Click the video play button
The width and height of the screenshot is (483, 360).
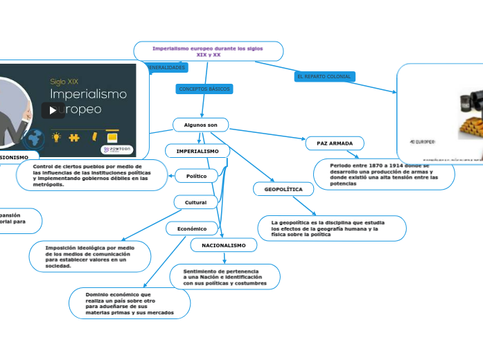pyautogui.click(x=53, y=110)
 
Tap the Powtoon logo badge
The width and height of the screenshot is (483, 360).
pyautogui.click(x=116, y=150)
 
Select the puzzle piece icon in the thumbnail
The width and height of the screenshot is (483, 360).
pyautogui.click(x=75, y=137)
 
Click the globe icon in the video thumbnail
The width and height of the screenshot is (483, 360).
pyautogui.click(x=37, y=138)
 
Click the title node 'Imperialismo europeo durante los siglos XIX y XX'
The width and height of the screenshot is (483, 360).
pyautogui.click(x=207, y=51)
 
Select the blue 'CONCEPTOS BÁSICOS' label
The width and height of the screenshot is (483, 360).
pyautogui.click(x=204, y=89)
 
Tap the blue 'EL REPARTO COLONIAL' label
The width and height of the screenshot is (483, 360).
pyautogui.click(x=324, y=76)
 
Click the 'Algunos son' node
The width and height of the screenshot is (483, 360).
pyautogui.click(x=200, y=125)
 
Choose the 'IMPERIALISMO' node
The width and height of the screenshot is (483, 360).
pyautogui.click(x=197, y=151)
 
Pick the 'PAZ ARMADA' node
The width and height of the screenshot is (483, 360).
pyautogui.click(x=335, y=143)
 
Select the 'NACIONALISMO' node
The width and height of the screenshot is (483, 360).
pyautogui.click(x=223, y=245)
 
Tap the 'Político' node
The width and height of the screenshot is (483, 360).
pyautogui.click(x=196, y=177)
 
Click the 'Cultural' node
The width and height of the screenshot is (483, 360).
pyautogui.click(x=195, y=202)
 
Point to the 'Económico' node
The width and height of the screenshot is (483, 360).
pyautogui.click(x=192, y=228)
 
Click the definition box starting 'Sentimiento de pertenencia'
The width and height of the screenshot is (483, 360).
pyautogui.click(x=225, y=276)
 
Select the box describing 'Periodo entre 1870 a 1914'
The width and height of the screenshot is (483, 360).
pyautogui.click(x=383, y=174)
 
